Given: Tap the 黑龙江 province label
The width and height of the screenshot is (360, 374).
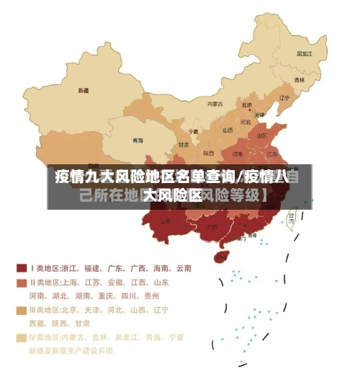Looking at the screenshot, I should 305,53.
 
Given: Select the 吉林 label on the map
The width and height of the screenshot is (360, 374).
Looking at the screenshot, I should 299,79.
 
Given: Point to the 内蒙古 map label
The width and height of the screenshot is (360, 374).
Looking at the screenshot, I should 215,104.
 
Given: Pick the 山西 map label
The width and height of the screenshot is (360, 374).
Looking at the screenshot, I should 228,130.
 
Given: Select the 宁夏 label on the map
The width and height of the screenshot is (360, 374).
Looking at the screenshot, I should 193,132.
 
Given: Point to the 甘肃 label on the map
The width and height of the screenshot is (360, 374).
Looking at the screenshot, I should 184,144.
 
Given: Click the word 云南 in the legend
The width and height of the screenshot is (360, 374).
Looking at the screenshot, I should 182,268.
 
